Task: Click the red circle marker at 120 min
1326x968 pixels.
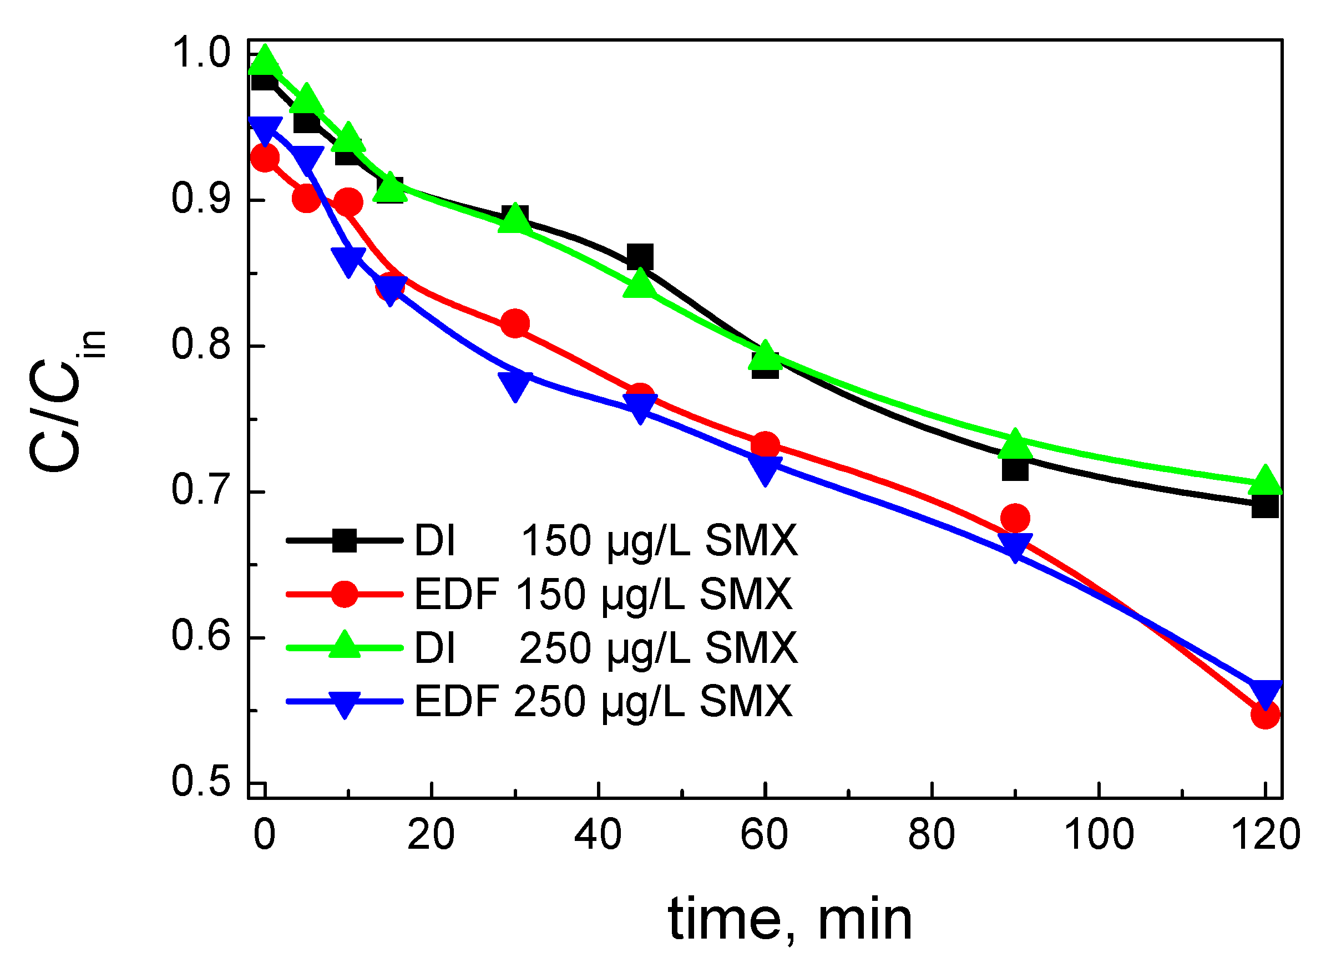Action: click(x=1264, y=714)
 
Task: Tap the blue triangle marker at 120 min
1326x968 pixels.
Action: click(x=1265, y=693)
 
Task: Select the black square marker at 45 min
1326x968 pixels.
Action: click(x=639, y=257)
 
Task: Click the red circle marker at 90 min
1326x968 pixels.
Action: click(x=1015, y=518)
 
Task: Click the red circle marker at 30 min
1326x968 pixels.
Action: click(x=515, y=323)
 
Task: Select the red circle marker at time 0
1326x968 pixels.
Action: click(x=265, y=158)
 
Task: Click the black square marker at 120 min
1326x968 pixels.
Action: click(x=1264, y=506)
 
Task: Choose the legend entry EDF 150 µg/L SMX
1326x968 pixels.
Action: click(x=604, y=594)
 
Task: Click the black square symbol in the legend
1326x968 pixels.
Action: click(x=345, y=540)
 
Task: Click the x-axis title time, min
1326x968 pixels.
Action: click(x=790, y=919)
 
